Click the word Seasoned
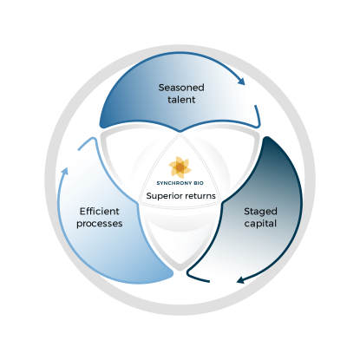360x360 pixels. coord(180,88)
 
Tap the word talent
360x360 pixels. coord(180,101)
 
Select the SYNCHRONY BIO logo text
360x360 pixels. coord(180,182)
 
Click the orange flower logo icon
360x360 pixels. coord(180,166)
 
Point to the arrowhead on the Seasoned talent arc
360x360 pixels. coord(241,82)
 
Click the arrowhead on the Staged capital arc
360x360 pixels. coord(240,279)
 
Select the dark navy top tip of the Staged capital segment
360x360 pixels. coord(263,140)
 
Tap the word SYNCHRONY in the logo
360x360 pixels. coord(173,182)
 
